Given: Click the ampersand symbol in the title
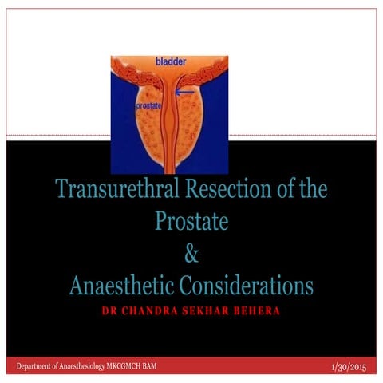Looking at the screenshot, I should tap(191, 255).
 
